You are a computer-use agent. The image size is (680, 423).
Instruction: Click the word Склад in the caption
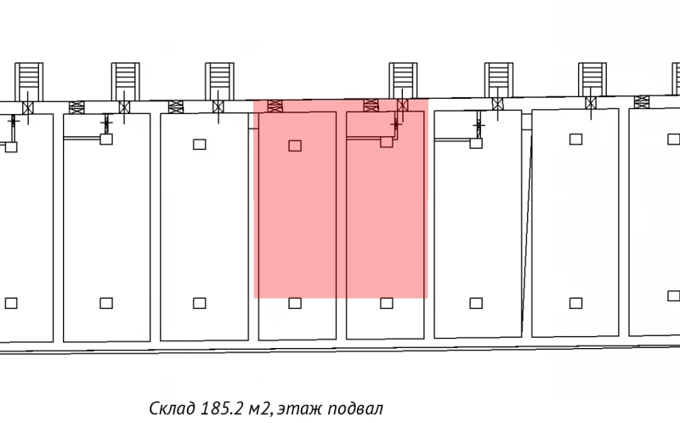pyautogui.click(x=173, y=409)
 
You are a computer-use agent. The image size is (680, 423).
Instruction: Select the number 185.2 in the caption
pyautogui.click(x=223, y=409)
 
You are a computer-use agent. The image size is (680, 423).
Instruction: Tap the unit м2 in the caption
pyautogui.click(x=260, y=409)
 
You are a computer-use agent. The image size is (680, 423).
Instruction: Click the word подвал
pyautogui.click(x=355, y=409)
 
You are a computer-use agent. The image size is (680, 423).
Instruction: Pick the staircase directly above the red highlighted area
pyautogui.click(x=403, y=81)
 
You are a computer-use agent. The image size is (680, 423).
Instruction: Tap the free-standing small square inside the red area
pyautogui.click(x=295, y=146)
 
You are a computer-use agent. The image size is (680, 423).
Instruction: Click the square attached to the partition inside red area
pyautogui.click(x=387, y=142)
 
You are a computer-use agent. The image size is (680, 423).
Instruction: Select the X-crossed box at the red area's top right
pyautogui.click(x=402, y=105)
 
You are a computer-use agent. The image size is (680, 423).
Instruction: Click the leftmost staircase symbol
pyautogui.click(x=29, y=82)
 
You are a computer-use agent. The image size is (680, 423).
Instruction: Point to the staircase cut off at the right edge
pyautogui.click(x=676, y=78)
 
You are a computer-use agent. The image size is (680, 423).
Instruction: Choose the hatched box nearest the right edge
pyautogui.click(x=642, y=102)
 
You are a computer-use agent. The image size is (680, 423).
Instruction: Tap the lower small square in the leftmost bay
pyautogui.click(x=11, y=303)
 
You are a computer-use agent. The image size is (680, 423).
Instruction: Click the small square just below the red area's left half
pyautogui.click(x=295, y=303)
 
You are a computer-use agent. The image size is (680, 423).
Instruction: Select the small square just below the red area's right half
pyautogui.click(x=387, y=303)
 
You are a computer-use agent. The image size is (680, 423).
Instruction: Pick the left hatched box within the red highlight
pyautogui.click(x=275, y=106)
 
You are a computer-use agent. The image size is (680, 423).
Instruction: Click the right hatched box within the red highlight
pyautogui.click(x=371, y=106)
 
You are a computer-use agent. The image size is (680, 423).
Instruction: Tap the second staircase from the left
pyautogui.click(x=125, y=82)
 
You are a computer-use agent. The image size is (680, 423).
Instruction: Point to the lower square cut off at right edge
pyautogui.click(x=674, y=296)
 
